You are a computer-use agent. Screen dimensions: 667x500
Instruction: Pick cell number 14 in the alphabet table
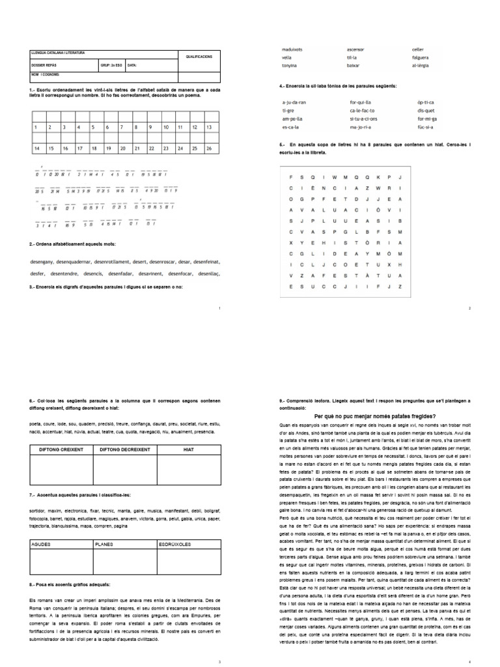[x=37, y=149]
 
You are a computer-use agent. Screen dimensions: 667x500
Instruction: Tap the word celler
[x=417, y=50]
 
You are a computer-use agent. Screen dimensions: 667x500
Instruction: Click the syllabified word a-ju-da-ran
[x=294, y=103]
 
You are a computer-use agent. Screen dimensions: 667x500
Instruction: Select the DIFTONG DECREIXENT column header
[x=124, y=449]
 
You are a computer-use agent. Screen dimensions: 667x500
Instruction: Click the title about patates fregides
[x=375, y=416]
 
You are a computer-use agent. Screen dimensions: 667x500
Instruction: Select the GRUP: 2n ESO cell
[x=109, y=65]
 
